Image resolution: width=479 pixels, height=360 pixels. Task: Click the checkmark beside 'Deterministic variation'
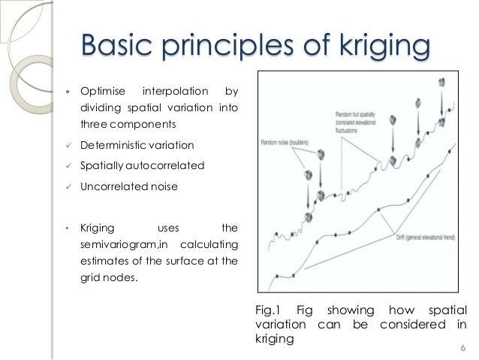pyautogui.click(x=68, y=145)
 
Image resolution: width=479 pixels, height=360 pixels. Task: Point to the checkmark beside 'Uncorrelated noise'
pyautogui.click(x=68, y=186)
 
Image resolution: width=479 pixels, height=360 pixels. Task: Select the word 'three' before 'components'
pyautogui.click(x=92, y=124)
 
